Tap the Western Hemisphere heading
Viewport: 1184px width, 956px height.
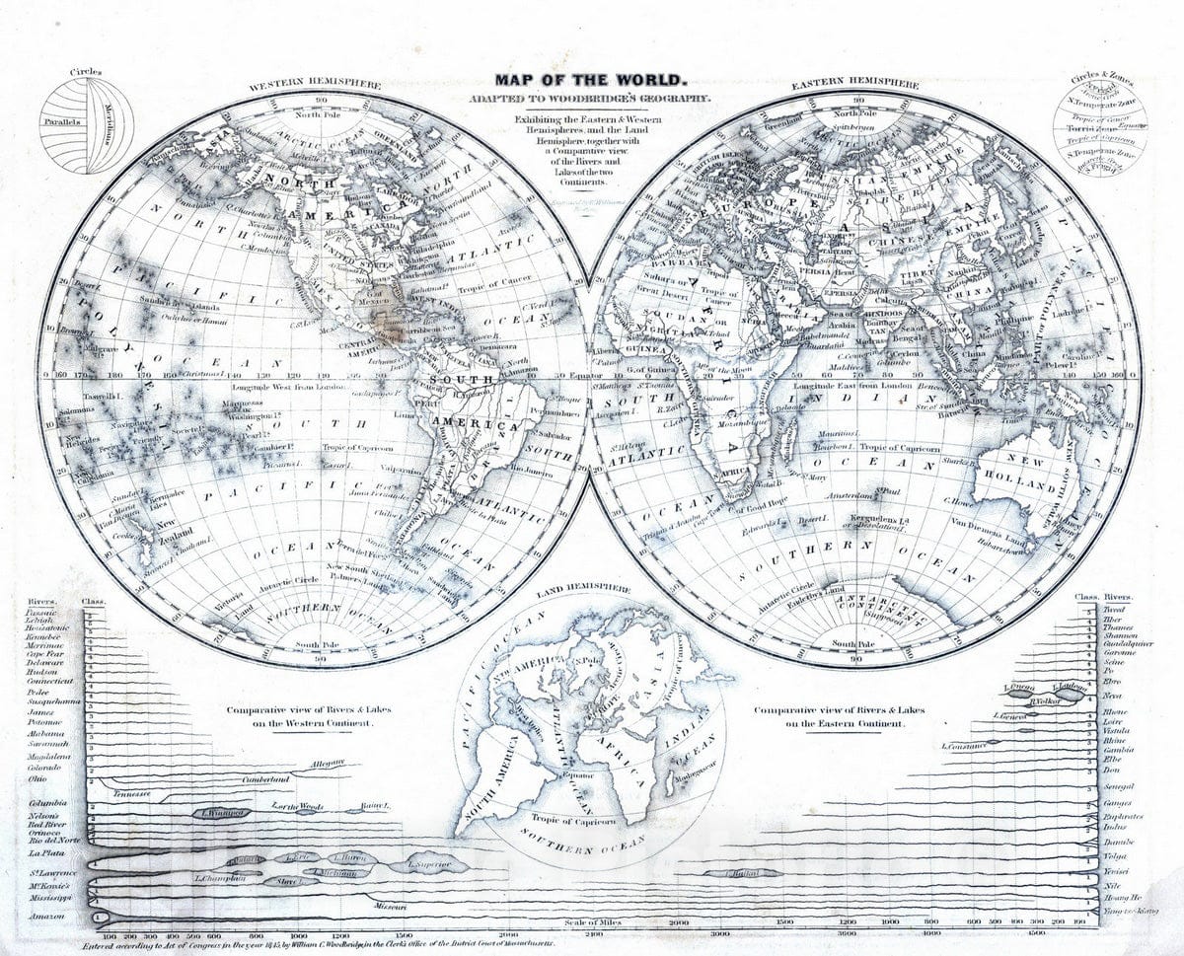click(315, 86)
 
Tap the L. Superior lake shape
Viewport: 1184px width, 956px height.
click(426, 865)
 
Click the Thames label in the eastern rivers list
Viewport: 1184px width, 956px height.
click(1118, 627)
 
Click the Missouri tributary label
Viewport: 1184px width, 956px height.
click(390, 904)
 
